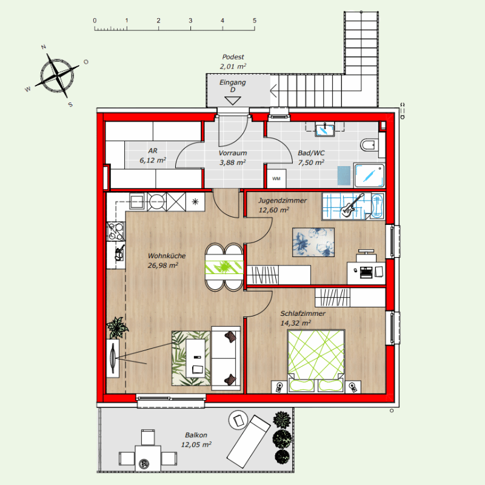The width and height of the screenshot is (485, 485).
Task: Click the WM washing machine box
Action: click(276, 178)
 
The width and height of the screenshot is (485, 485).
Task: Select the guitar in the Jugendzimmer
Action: click(352, 206)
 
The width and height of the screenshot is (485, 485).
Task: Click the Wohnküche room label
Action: click(167, 256)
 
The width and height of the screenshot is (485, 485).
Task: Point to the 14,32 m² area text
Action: click(295, 323)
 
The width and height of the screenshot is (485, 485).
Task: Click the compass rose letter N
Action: click(44, 47)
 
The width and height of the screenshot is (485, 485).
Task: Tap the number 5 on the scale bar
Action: click(255, 21)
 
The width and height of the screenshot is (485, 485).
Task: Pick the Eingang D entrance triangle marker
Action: click(233, 101)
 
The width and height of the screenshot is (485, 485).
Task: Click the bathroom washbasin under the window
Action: click(324, 129)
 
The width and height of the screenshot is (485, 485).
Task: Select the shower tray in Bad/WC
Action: click(369, 175)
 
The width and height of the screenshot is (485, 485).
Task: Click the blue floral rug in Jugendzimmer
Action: click(313, 242)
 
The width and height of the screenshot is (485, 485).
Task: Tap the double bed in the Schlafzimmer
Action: click(316, 361)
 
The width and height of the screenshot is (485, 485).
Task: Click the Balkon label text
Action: click(196, 435)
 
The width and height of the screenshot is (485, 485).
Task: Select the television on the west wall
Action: click(113, 358)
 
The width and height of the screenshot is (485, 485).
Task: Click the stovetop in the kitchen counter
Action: click(116, 232)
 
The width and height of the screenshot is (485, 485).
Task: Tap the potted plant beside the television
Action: click(117, 327)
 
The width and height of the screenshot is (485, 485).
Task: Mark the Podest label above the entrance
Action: click(233, 57)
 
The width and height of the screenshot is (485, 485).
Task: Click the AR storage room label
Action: click(153, 150)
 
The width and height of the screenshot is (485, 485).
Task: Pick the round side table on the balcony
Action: click(238, 420)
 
